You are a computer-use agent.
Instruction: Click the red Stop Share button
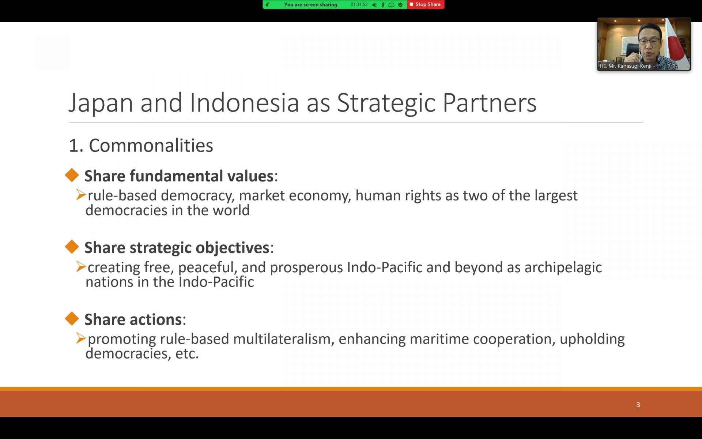[425, 4]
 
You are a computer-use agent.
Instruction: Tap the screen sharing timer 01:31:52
[359, 5]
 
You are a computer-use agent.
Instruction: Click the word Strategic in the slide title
[386, 103]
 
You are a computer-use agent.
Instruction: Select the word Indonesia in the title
[244, 103]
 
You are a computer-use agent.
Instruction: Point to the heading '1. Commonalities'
[141, 146]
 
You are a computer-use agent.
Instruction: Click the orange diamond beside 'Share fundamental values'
[72, 175]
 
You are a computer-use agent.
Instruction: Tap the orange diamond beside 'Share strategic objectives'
[72, 247]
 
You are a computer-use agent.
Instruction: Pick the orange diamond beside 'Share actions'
[72, 318]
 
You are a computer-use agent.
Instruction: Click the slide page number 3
[638, 405]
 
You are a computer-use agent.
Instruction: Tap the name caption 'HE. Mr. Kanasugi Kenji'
[626, 66]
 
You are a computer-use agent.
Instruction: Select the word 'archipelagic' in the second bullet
[563, 267]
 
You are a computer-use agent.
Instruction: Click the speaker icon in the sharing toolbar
[375, 5]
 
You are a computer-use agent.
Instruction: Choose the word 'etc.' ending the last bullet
[187, 354]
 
